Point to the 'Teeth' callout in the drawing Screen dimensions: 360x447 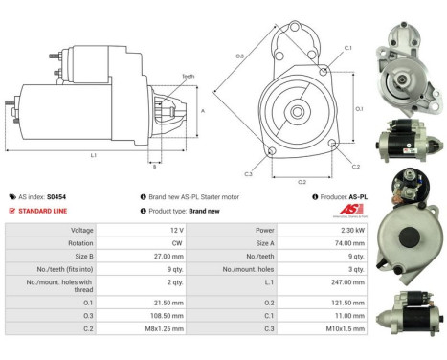tap(188, 77)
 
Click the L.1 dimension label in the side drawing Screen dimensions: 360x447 tap(93, 154)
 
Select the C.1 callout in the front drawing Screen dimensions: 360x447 tap(347, 48)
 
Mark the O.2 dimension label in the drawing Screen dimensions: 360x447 tap(302, 180)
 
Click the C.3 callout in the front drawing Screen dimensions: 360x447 tap(248, 174)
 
